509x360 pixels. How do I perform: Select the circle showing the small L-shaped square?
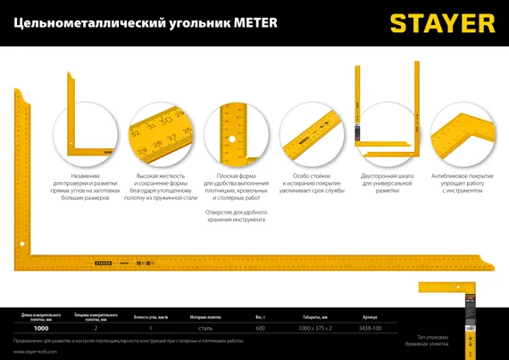pos(86,134)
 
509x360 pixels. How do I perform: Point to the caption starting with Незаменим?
pos(85,187)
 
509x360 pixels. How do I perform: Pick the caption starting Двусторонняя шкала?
pos(387,183)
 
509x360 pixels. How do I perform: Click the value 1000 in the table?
pos(42,329)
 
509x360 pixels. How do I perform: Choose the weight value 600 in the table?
pos(260,329)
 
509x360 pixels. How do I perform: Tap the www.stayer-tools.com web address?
pos(36,351)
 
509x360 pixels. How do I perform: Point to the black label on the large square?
pos(104,264)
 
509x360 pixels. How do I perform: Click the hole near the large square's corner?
pos(21,242)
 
